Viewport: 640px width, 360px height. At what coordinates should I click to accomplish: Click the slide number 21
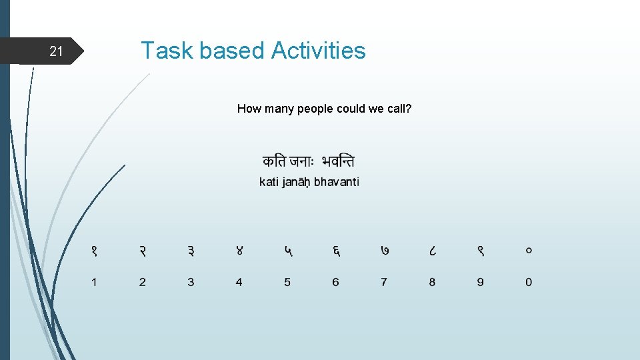pyautogui.click(x=57, y=51)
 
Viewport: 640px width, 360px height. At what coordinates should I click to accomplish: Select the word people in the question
pyautogui.click(x=315, y=108)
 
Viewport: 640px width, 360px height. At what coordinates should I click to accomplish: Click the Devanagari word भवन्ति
pyautogui.click(x=337, y=161)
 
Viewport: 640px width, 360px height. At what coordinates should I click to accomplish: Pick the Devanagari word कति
pyautogui.click(x=274, y=161)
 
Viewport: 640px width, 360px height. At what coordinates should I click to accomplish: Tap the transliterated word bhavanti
pyautogui.click(x=337, y=182)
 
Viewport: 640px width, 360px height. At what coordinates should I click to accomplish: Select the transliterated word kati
pyautogui.click(x=269, y=182)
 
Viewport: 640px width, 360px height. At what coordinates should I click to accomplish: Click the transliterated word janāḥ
pyautogui.click(x=297, y=183)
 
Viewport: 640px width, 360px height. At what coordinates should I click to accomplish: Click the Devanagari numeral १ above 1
pyautogui.click(x=94, y=251)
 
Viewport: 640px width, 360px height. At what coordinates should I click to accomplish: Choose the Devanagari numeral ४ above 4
pyautogui.click(x=239, y=251)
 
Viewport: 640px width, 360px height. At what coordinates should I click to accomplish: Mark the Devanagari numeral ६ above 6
pyautogui.click(x=336, y=251)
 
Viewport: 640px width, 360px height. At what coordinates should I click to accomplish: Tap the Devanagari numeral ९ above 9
pyautogui.click(x=481, y=251)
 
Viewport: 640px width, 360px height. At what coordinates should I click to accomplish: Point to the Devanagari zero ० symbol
pyautogui.click(x=529, y=251)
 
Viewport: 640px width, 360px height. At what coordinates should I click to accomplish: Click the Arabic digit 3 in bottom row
pyautogui.click(x=191, y=282)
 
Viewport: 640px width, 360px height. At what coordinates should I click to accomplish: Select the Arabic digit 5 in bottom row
pyautogui.click(x=287, y=282)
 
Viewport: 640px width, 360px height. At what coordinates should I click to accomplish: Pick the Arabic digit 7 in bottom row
pyautogui.click(x=384, y=282)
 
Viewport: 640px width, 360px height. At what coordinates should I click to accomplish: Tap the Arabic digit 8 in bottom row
pyautogui.click(x=432, y=282)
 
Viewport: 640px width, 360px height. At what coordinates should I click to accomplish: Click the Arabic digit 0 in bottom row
pyautogui.click(x=529, y=282)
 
